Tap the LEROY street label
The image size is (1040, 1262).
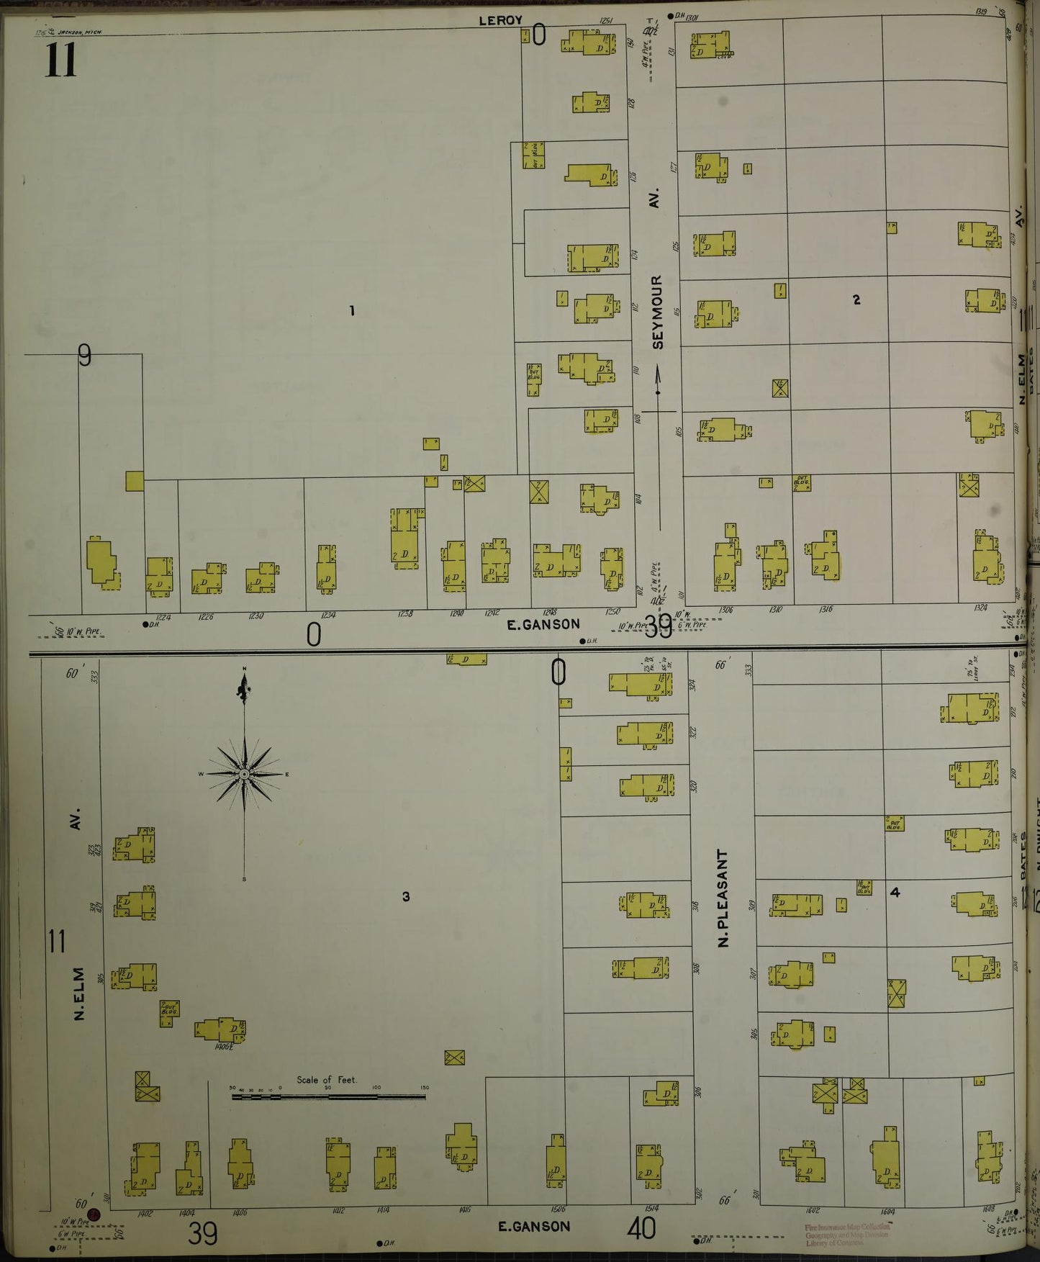[500, 20]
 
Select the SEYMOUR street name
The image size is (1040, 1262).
[656, 312]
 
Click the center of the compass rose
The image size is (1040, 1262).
[245, 774]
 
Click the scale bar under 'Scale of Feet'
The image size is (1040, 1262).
[327, 1097]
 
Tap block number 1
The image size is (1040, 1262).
[352, 311]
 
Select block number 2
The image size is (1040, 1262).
[856, 299]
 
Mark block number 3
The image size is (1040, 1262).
[406, 896]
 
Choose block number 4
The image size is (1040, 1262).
[895, 892]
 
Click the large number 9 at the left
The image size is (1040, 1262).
[85, 355]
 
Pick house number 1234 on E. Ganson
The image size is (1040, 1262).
[328, 616]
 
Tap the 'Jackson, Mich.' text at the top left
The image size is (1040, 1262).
[79, 32]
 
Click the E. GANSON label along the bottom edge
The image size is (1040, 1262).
[534, 1226]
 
